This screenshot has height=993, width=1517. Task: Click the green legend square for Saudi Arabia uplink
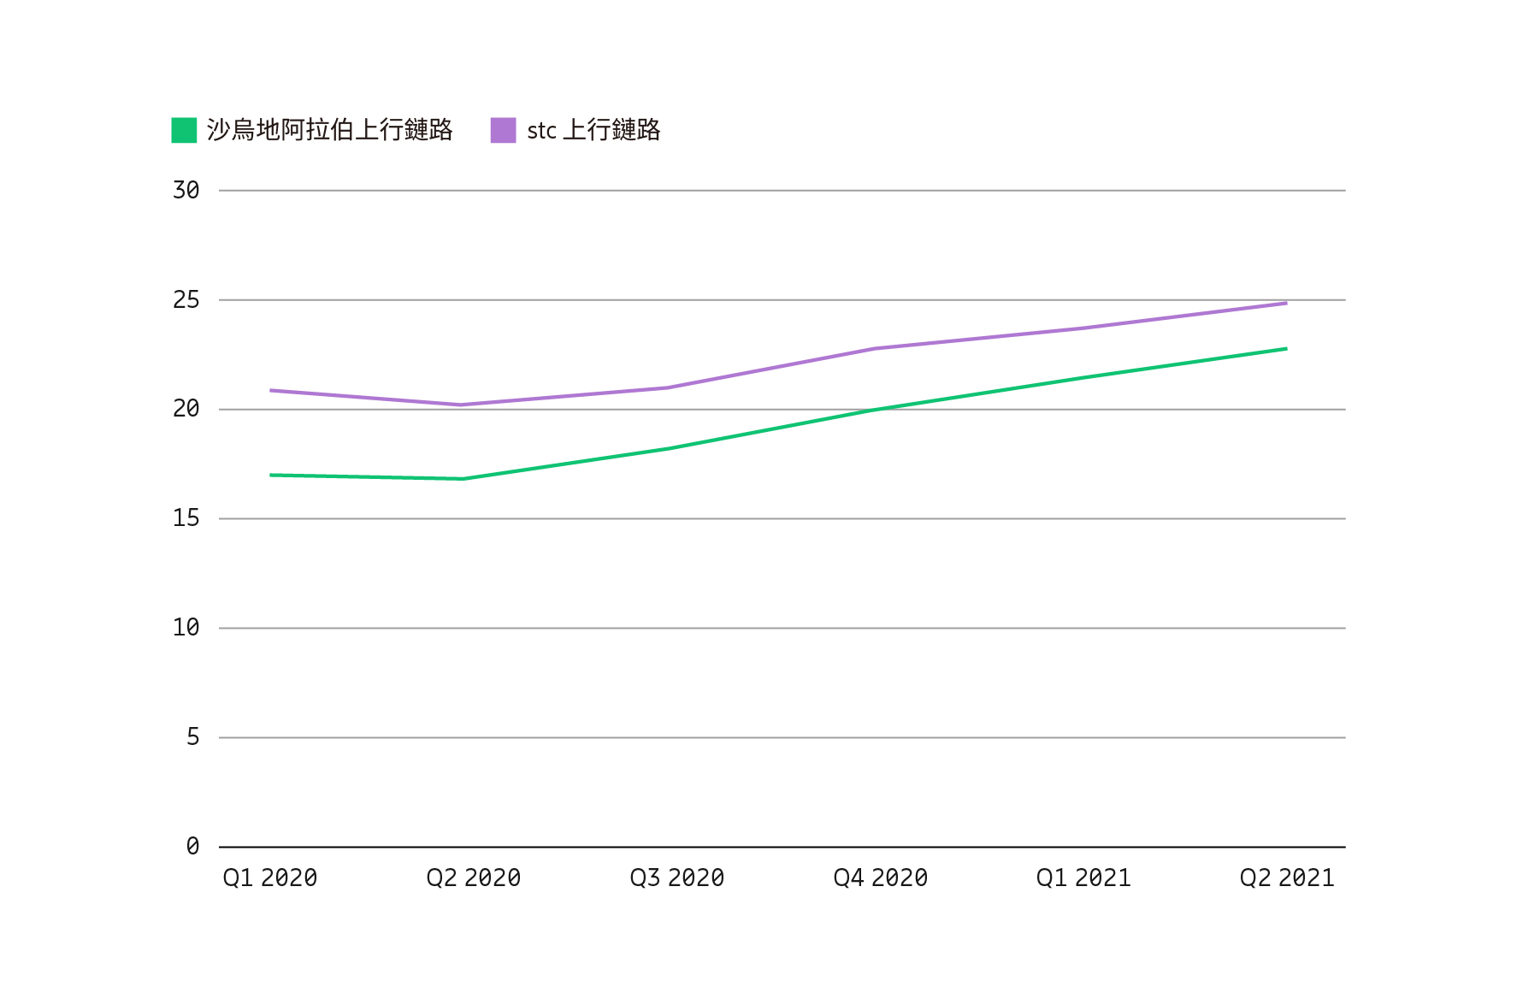pos(184,130)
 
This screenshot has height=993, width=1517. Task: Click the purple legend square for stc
pos(503,130)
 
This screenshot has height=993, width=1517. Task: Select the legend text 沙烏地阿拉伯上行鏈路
pos(329,130)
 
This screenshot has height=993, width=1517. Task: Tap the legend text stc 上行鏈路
pos(593,130)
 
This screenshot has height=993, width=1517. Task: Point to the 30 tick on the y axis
pos(186,190)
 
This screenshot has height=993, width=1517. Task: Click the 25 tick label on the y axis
pos(186,299)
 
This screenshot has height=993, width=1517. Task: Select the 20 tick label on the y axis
pos(186,409)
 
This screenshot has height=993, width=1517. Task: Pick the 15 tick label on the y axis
pos(186,518)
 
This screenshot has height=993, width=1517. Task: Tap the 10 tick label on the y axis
pos(186,628)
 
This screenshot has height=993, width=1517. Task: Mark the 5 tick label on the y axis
pos(192,737)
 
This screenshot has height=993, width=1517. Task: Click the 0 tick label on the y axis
pos(192,847)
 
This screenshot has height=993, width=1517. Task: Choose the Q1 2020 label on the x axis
pos(270,878)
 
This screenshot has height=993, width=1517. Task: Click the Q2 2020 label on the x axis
pos(474,878)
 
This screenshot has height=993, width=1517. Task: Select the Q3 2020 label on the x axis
pos(677,878)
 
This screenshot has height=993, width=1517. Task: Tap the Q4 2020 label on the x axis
pos(881,878)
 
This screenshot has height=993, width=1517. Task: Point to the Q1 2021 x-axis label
pos(1083,878)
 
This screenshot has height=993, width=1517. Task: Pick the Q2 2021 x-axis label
pos(1287,878)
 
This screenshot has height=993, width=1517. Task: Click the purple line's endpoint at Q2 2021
pos(1286,303)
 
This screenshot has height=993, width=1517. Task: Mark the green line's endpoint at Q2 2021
pos(1286,349)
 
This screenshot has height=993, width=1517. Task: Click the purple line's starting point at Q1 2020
pos(271,391)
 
